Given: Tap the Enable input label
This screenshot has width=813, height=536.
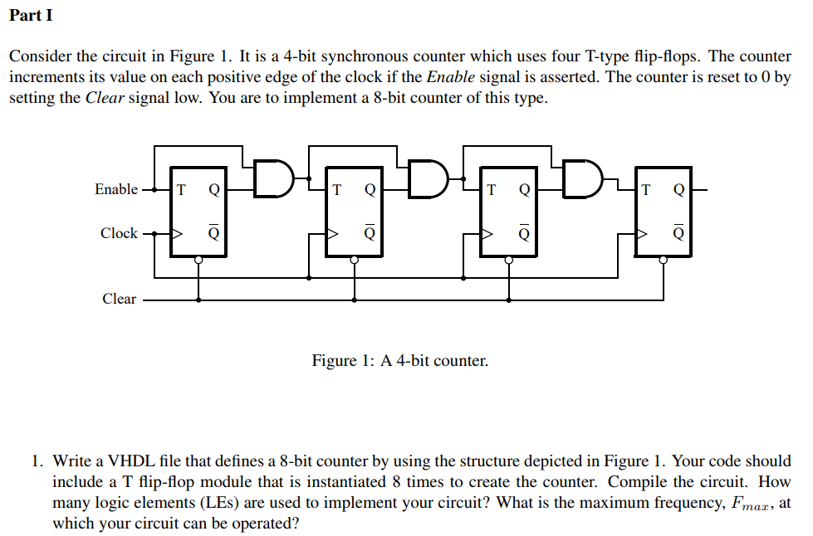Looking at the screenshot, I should [116, 189].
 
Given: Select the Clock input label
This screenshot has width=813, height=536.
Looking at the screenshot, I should [119, 233].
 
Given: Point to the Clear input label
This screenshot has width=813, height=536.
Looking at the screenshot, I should [119, 299].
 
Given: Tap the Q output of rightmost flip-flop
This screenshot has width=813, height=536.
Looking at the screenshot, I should [678, 189].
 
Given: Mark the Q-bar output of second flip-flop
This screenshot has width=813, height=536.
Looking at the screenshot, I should [370, 233].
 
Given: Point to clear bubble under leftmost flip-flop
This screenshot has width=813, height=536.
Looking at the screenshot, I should [198, 260].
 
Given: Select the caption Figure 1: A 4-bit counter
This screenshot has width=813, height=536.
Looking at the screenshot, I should [400, 361].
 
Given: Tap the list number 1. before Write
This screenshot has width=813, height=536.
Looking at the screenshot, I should [37, 460].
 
